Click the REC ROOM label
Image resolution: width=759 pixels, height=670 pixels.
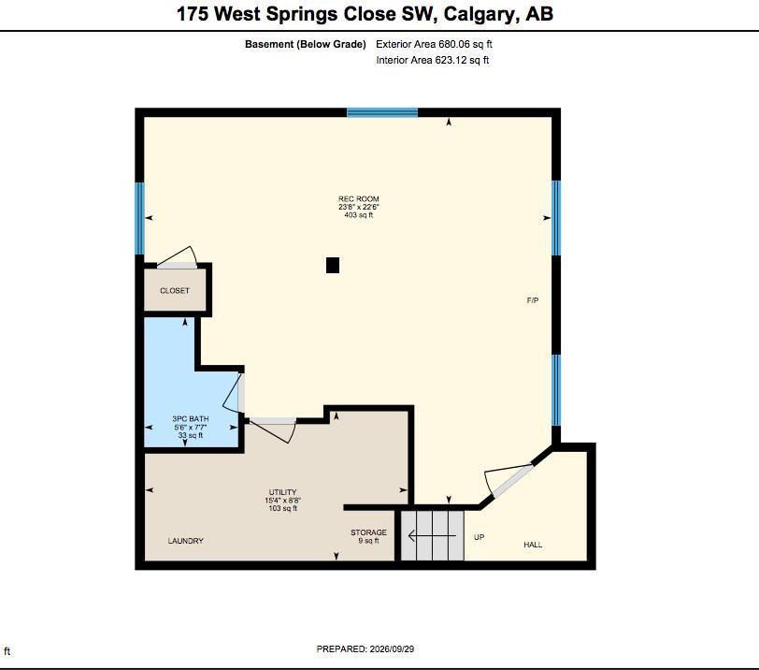pyautogui.click(x=359, y=198)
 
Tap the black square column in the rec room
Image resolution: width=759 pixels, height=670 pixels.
pyautogui.click(x=333, y=266)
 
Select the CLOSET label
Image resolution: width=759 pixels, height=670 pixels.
pyautogui.click(x=175, y=291)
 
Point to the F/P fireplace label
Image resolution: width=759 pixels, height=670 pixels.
pyautogui.click(x=533, y=300)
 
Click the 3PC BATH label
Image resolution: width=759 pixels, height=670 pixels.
pyautogui.click(x=191, y=418)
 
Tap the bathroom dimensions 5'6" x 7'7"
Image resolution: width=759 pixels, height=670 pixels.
pyautogui.click(x=191, y=428)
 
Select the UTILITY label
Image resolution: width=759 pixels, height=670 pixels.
pyautogui.click(x=282, y=491)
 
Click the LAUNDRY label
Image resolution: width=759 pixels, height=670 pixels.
pyautogui.click(x=185, y=541)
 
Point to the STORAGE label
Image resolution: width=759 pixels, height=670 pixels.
pyautogui.click(x=368, y=532)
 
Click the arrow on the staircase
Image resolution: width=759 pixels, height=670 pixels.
pyautogui.click(x=432, y=536)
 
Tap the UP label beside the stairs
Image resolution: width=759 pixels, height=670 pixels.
pyautogui.click(x=480, y=537)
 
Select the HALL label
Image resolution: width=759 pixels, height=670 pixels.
pyautogui.click(x=533, y=545)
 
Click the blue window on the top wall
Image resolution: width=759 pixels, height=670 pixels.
pyautogui.click(x=382, y=112)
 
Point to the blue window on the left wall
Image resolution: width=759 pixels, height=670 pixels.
pyautogui.click(x=139, y=218)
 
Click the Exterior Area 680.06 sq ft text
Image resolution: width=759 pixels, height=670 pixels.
pyautogui.click(x=434, y=44)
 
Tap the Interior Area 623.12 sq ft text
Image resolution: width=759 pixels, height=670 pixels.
pyautogui.click(x=432, y=60)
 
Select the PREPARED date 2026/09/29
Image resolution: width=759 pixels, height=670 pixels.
pyautogui.click(x=392, y=648)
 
